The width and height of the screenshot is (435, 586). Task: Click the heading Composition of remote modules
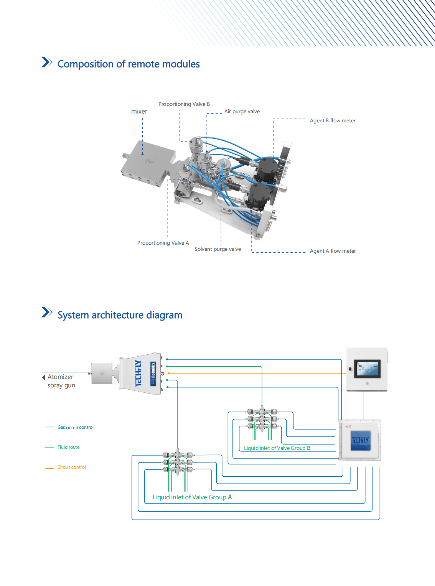tap(129, 64)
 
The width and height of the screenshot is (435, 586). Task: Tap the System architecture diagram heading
tap(120, 315)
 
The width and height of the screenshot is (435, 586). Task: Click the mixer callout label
tap(139, 112)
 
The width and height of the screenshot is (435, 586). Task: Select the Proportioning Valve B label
tap(184, 104)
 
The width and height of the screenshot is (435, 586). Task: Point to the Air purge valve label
tap(242, 112)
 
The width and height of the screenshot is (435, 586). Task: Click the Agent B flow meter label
tap(333, 121)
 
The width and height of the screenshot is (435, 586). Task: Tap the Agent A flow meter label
tap(333, 251)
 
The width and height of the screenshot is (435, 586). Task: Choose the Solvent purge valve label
tap(217, 249)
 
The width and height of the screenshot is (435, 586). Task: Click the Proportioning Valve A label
tap(163, 243)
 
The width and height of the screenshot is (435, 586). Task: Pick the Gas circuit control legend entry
tap(75, 427)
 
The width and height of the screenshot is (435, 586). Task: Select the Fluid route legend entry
tap(68, 447)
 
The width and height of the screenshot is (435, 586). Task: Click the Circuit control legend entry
tap(71, 467)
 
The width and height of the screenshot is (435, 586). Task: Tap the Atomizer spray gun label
tap(61, 381)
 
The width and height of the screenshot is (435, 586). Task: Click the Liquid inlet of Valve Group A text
tap(192, 497)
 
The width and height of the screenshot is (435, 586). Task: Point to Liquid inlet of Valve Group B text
tap(277, 448)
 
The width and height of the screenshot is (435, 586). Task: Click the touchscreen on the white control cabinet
tap(367, 369)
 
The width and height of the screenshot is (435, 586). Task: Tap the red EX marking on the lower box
tap(348, 426)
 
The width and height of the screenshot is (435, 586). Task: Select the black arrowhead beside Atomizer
tap(44, 377)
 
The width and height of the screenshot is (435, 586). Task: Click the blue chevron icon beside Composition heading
tap(47, 62)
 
